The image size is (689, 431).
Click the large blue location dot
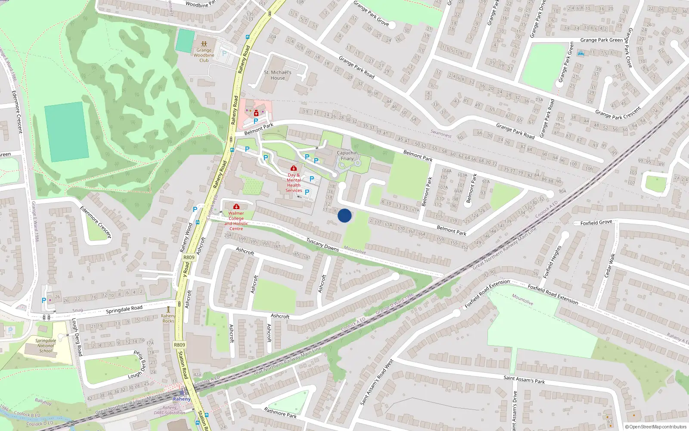pos(344,215)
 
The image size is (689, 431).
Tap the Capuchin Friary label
pos(348,156)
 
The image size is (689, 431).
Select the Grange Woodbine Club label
pos(204,55)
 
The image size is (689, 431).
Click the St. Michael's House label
pos(278,75)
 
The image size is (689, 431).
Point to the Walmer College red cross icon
pos(236,207)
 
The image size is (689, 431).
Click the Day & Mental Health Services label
pos(294,183)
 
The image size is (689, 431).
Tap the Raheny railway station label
pos(181,399)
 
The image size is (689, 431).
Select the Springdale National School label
pos(46,346)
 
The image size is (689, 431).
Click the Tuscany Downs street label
pos(323,244)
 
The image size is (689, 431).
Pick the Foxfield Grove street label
pos(596,223)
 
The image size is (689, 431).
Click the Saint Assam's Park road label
pos(524,380)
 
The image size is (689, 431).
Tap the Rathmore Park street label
pos(280,412)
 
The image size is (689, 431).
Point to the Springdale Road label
pos(124,309)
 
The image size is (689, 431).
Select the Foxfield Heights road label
pos(552,262)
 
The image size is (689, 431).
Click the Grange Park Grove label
pos(371,13)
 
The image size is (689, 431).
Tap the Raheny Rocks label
pos(168,319)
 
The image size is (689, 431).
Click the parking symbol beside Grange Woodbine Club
pos(224,54)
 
